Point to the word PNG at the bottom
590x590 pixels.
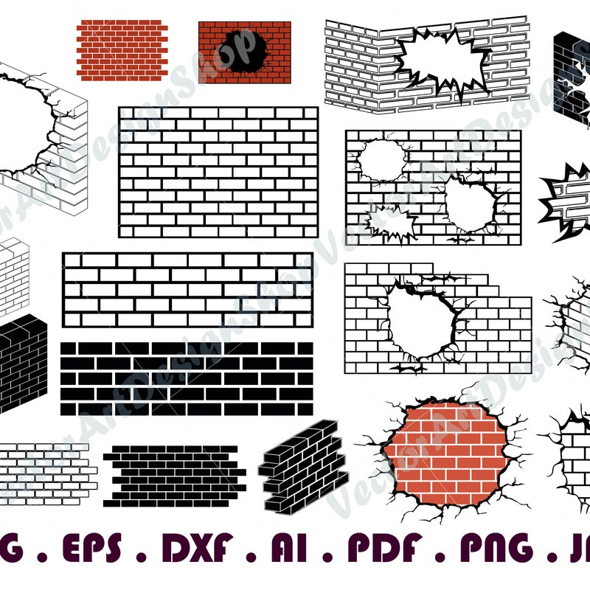(x=497, y=547)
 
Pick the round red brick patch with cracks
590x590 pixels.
(x=445, y=452)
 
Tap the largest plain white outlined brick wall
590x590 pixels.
(x=218, y=172)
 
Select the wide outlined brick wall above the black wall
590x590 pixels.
(x=187, y=290)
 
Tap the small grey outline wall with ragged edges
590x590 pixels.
(x=46, y=473)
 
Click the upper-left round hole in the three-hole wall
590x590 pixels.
(x=381, y=159)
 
